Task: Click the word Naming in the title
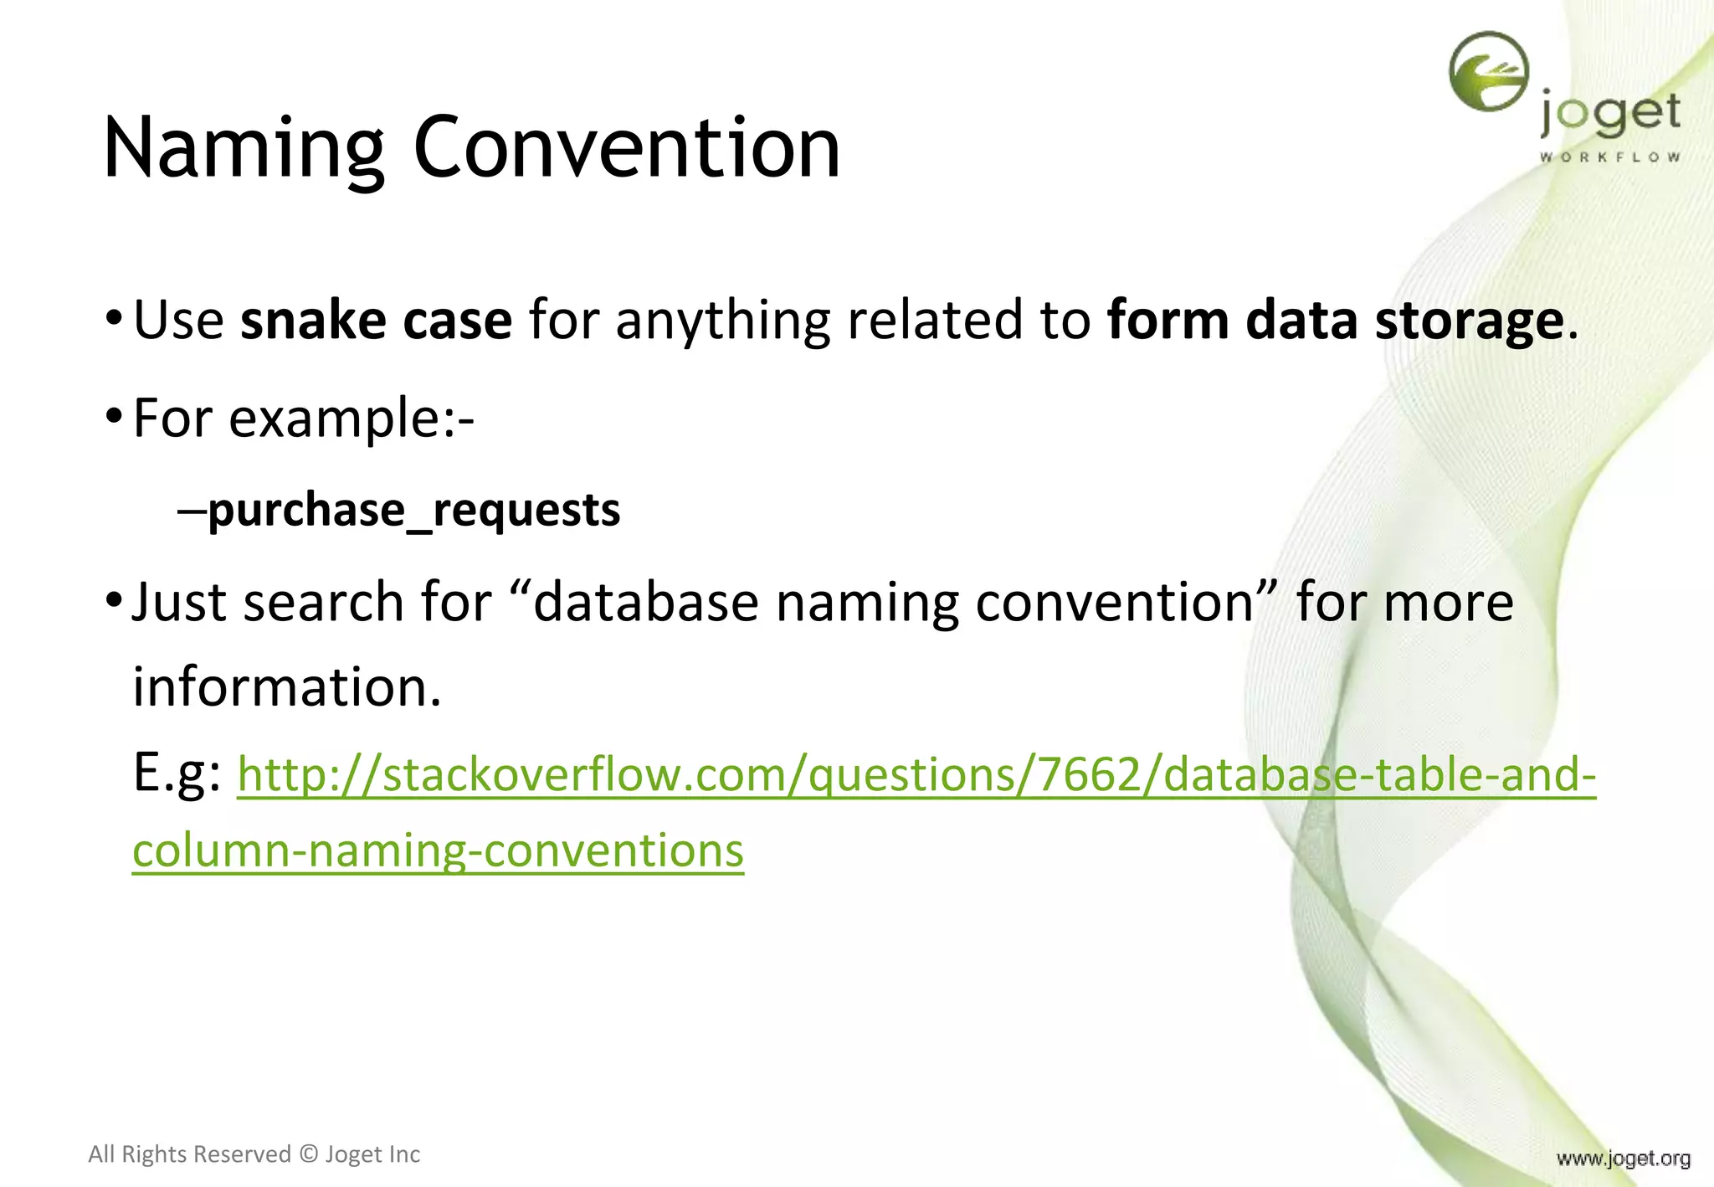click(x=243, y=149)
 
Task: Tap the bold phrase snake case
click(x=376, y=320)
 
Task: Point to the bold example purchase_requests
click(x=413, y=510)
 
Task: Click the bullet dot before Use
click(x=114, y=320)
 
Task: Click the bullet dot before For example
click(x=114, y=418)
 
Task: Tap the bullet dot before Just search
click(x=114, y=601)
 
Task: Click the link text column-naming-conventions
click(x=438, y=850)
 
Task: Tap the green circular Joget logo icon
click(x=1488, y=72)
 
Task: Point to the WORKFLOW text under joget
click(x=1609, y=157)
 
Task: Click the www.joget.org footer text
click(x=1623, y=1159)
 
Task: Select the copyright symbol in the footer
click(x=309, y=1154)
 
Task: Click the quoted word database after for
click(x=645, y=603)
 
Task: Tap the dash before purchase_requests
click(x=191, y=510)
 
